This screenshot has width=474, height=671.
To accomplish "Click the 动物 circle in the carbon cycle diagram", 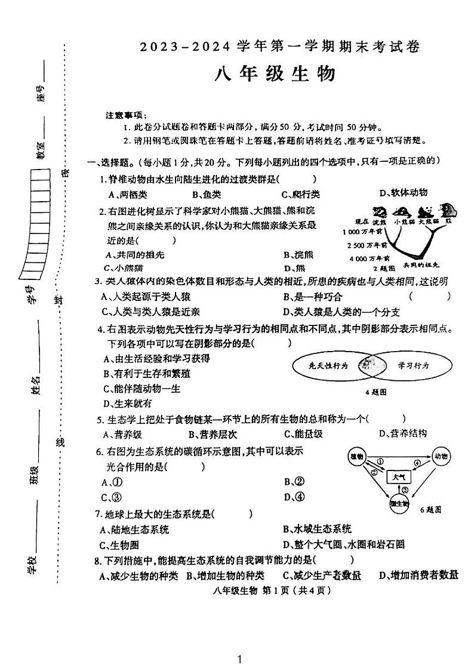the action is pyautogui.click(x=442, y=457).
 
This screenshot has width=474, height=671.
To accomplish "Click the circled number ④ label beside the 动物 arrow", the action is pyautogui.click(x=418, y=463).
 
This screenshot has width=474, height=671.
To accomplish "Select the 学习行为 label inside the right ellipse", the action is pyautogui.click(x=414, y=365).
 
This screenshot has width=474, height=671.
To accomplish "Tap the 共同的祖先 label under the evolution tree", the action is pyautogui.click(x=421, y=264).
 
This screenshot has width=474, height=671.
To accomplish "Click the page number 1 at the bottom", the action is pyautogui.click(x=239, y=659).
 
